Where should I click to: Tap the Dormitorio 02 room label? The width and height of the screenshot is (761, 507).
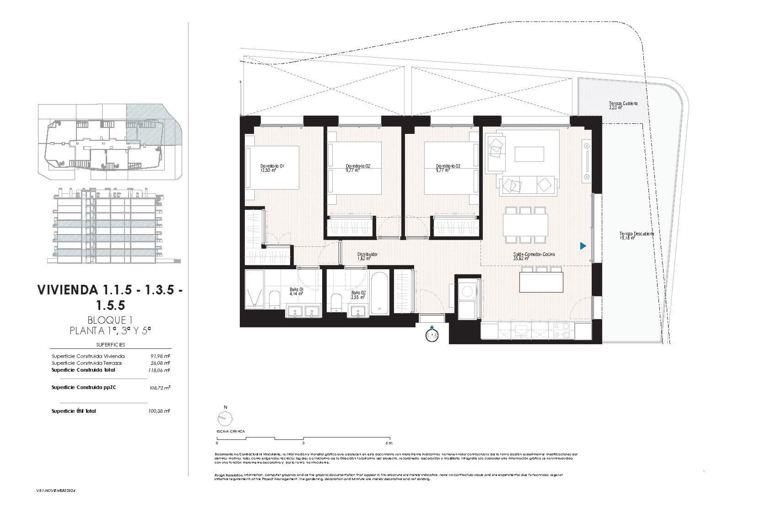point(358,168)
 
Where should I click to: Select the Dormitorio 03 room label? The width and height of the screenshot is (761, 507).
point(448,168)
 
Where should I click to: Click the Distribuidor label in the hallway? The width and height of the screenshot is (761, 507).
point(367,256)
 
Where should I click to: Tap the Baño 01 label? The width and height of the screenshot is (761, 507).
point(296,292)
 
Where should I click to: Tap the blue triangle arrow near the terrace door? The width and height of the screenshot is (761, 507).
point(583,246)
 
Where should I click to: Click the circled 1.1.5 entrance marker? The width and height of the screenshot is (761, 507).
point(432,335)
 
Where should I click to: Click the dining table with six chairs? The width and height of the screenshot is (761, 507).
point(526,225)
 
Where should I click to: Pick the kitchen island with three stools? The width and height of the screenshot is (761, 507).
point(541,282)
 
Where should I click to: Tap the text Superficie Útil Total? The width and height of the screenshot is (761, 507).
point(74,411)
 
